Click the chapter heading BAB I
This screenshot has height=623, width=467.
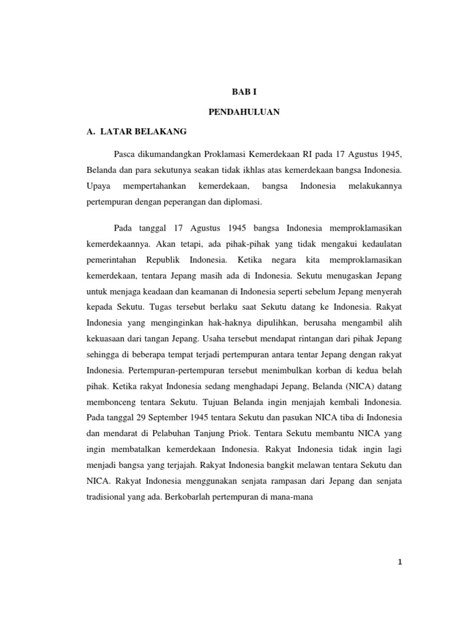click(233, 92)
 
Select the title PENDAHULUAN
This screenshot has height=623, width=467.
click(233, 112)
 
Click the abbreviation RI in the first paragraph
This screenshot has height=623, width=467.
click(289, 150)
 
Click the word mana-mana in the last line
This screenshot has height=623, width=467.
click(300, 496)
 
